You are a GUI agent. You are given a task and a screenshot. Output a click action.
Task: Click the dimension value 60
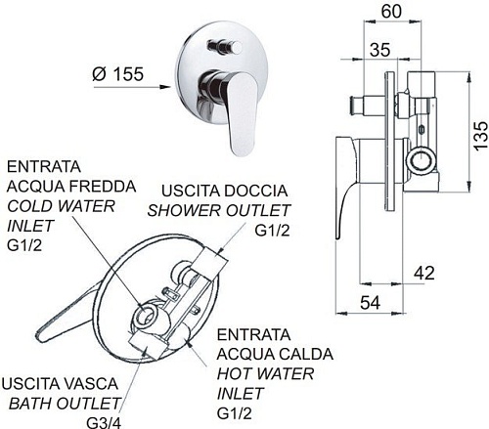pyautogui.click(x=391, y=12)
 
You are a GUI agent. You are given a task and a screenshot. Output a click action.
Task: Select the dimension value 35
pyautogui.click(x=379, y=50)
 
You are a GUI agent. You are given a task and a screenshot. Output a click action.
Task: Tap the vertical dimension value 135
pyautogui.click(x=480, y=136)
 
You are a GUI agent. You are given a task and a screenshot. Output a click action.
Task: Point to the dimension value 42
pyautogui.click(x=424, y=273)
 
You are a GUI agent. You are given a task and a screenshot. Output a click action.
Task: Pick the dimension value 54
pyautogui.click(x=370, y=303)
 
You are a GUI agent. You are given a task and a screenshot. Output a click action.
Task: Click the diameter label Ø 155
pyautogui.click(x=117, y=74)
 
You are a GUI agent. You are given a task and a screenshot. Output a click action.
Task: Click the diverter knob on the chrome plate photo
pyautogui.click(x=225, y=48)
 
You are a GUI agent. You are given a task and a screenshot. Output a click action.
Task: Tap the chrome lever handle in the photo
pyautogui.click(x=236, y=110)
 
